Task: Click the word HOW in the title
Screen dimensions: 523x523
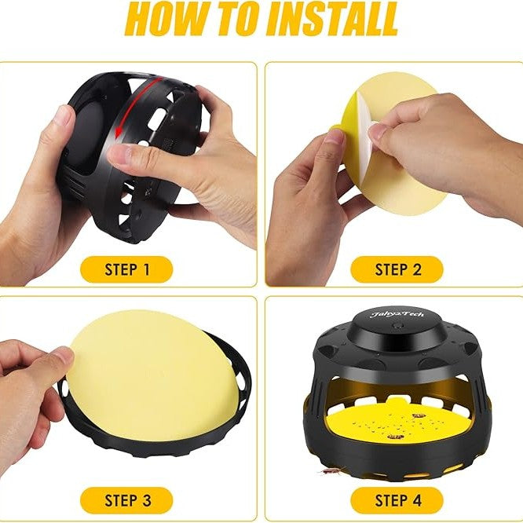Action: click(163, 19)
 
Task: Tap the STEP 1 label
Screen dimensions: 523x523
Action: click(126, 269)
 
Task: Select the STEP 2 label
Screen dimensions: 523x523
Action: click(397, 269)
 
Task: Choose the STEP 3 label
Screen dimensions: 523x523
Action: click(126, 501)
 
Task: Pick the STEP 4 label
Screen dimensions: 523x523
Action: click(397, 501)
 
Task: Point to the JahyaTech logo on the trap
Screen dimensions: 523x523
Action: click(397, 314)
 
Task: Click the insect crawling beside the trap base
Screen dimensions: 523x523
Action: click(330, 471)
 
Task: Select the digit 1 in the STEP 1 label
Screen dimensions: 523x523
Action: click(146, 269)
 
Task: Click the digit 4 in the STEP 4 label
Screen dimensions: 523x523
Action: click(417, 501)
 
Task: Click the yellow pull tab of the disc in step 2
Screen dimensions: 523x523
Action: click(335, 129)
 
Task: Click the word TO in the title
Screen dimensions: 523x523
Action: click(234, 19)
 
